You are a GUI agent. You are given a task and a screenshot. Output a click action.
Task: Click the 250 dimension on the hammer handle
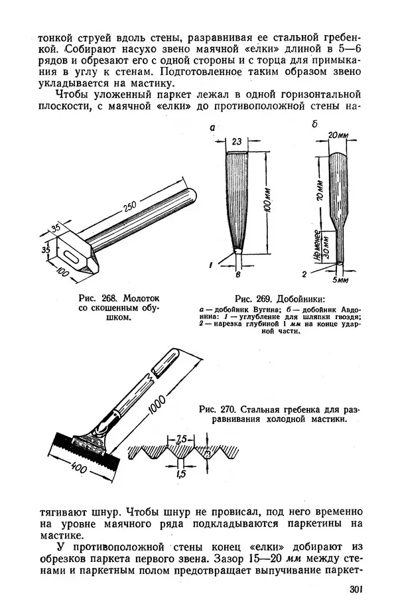tap(130, 209)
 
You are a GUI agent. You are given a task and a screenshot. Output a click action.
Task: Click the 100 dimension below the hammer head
tap(62, 271)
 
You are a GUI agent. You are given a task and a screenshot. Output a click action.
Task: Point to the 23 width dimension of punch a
tap(237, 142)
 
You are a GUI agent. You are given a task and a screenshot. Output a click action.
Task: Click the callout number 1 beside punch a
tap(210, 265)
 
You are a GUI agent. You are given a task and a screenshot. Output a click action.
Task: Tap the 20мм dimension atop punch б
tap(338, 135)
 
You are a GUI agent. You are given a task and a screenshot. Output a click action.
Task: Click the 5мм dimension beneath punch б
tap(340, 280)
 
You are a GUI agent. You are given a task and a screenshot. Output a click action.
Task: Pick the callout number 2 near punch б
tap(304, 275)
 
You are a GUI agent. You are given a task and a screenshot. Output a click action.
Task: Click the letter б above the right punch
tap(314, 124)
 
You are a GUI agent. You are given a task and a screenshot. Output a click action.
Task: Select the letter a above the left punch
tap(212, 127)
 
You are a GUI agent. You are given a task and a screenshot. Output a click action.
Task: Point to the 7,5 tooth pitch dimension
tap(181, 439)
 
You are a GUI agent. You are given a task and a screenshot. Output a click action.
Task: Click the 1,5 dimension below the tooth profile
tap(181, 474)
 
